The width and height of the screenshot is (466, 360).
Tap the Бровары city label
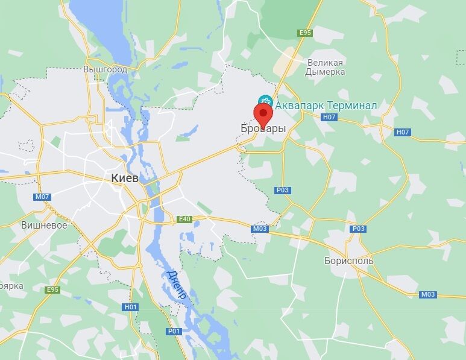click(x=263, y=129)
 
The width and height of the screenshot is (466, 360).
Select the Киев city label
click(x=125, y=178)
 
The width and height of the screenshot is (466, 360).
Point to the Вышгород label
click(x=105, y=69)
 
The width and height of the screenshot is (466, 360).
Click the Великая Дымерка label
click(x=326, y=67)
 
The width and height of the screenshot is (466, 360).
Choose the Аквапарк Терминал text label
click(x=326, y=106)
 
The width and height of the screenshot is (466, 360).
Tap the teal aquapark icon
click(x=265, y=101)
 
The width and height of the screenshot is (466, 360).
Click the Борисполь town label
click(x=348, y=261)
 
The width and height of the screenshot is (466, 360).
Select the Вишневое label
click(x=44, y=225)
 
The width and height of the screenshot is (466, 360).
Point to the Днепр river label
click(x=177, y=288)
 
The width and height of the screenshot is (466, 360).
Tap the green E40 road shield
click(x=184, y=219)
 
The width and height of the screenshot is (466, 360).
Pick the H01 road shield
click(x=131, y=307)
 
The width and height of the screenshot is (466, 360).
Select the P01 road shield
click(x=174, y=331)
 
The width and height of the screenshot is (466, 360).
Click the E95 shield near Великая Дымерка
click(x=305, y=33)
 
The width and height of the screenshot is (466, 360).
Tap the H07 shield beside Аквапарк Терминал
click(x=329, y=117)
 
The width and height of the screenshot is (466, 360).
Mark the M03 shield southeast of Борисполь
click(x=427, y=294)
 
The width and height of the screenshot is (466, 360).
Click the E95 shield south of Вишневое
click(x=53, y=289)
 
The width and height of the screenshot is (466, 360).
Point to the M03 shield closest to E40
click(x=260, y=229)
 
